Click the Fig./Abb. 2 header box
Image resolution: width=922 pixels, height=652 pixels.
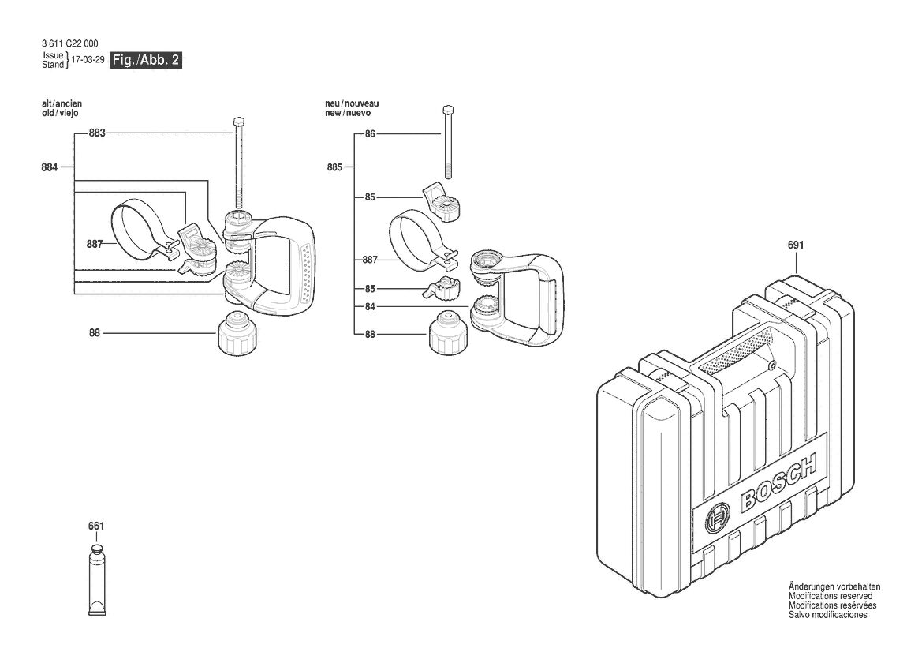pyautogui.click(x=147, y=60)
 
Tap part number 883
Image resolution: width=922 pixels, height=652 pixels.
pyautogui.click(x=97, y=133)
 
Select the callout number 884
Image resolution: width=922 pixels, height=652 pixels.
pyautogui.click(x=50, y=167)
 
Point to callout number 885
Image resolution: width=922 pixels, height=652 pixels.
pyautogui.click(x=334, y=167)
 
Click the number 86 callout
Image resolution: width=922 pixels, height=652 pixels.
pyautogui.click(x=370, y=134)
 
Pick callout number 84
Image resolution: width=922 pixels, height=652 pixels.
pyautogui.click(x=370, y=306)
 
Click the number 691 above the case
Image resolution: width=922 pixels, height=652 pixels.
pyautogui.click(x=796, y=245)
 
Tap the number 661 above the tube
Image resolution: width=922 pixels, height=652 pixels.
pyautogui.click(x=96, y=526)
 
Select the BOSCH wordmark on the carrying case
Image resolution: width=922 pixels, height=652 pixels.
pyautogui.click(x=778, y=481)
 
